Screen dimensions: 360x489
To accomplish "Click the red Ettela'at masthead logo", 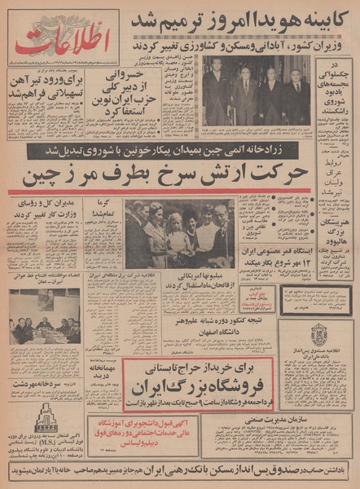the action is click(62, 38).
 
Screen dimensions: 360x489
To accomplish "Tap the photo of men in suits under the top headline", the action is click(255, 90).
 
